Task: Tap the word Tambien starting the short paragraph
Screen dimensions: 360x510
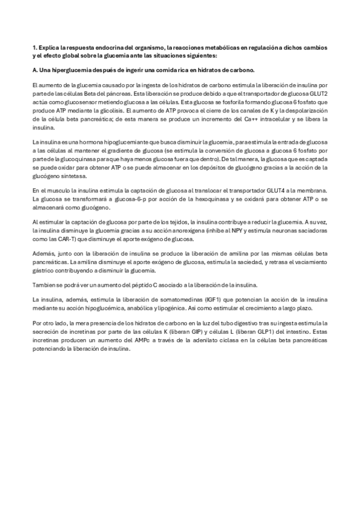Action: tap(42, 284)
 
